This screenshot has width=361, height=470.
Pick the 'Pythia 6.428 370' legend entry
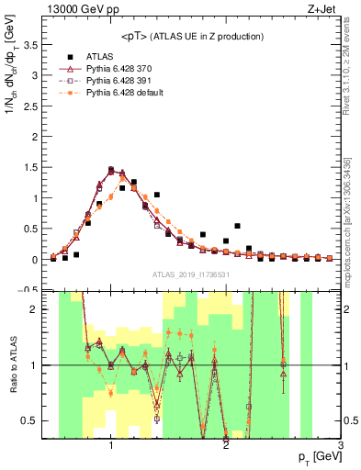[x=118, y=68]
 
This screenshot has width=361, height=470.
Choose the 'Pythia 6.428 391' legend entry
[x=118, y=80]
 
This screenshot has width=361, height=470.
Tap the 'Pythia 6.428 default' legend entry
[x=123, y=92]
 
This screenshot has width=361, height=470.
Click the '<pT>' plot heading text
[x=190, y=36]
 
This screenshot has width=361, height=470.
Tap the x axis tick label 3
[x=340, y=443]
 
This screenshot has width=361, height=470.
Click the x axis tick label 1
[x=110, y=443]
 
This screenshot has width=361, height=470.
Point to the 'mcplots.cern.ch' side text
[x=353, y=229]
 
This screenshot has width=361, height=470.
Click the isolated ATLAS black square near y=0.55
[x=237, y=226]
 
